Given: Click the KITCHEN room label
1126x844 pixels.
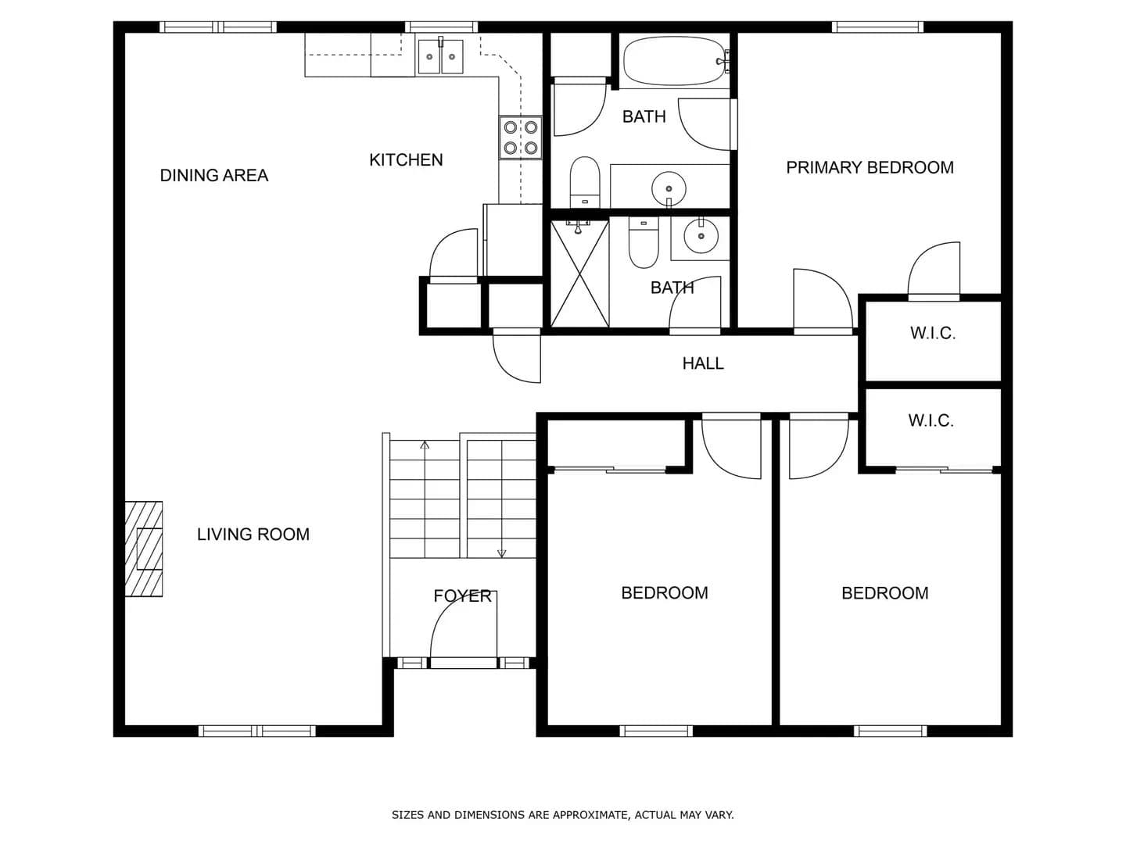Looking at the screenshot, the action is coord(406,160).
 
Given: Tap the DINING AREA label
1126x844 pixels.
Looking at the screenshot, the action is coord(214,175).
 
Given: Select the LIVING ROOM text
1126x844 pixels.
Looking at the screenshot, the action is coord(253,535).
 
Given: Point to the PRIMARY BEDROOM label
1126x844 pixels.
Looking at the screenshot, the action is coord(870,167).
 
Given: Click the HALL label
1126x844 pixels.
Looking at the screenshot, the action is coord(703,363).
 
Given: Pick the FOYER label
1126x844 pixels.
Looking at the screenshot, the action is coord(462,596).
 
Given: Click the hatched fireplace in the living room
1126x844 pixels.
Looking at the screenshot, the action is coord(144,549).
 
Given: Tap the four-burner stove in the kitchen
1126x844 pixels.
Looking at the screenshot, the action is coord(520,138).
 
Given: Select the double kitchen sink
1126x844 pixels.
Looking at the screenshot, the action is coord(440,56).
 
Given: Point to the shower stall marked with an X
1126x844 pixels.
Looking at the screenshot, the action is coord(579,274).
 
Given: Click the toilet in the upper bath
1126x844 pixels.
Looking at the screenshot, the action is coord(585,182).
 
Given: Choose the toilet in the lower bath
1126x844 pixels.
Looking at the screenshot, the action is coord(644,242).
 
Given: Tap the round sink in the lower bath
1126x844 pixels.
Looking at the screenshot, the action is coord(700,236).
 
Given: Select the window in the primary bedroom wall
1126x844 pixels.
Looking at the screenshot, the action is coord(877,27).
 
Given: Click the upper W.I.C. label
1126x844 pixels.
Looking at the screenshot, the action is coord(933,333).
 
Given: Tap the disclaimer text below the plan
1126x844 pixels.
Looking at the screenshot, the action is coord(563,815).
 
